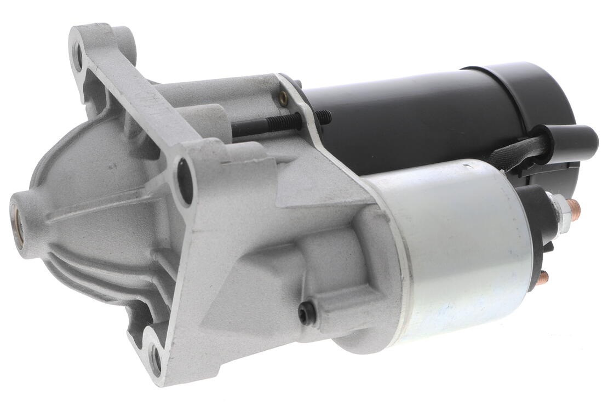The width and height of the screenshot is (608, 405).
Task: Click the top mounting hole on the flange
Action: (78, 55)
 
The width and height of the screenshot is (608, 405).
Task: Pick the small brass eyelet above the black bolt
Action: (283, 98)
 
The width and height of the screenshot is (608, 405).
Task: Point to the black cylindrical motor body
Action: (416, 121)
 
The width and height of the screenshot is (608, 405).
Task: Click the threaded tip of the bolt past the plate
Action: (323, 116)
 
